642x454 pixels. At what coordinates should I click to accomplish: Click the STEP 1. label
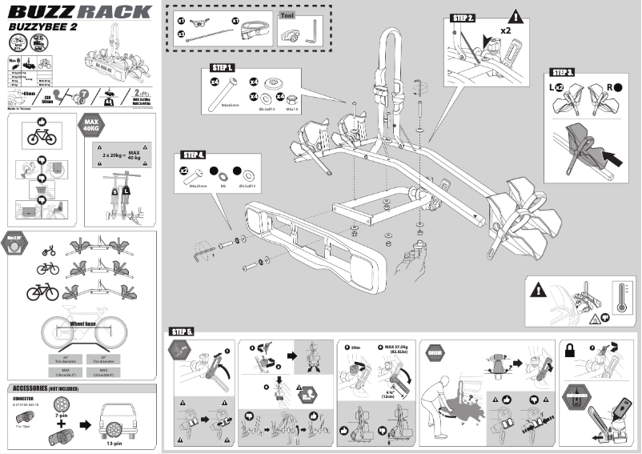tap(222, 67)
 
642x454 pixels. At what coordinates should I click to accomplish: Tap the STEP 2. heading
tap(463, 17)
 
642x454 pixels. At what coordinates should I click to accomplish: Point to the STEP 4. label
tap(195, 154)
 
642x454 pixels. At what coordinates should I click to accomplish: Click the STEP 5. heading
tap(182, 331)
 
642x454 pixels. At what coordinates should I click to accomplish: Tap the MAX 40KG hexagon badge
tap(90, 126)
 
